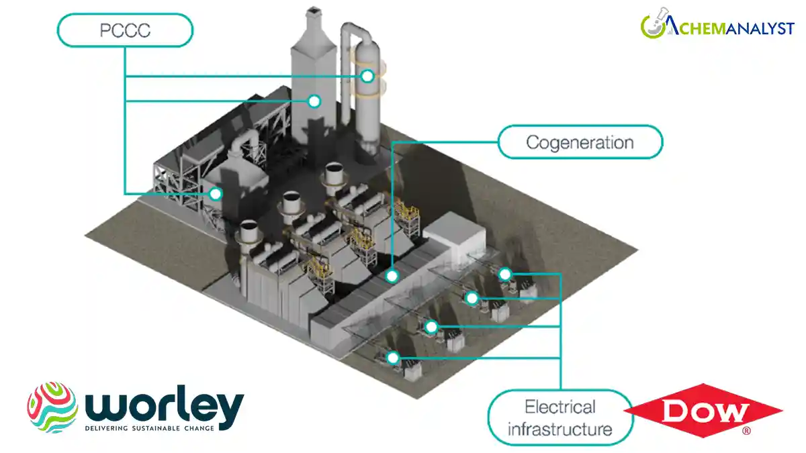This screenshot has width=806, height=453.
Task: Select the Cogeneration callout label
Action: tap(580, 142)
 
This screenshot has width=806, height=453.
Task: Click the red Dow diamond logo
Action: tap(703, 411)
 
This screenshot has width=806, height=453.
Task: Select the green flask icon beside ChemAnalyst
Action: tap(654, 26)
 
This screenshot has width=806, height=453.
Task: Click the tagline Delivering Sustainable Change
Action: tap(149, 427)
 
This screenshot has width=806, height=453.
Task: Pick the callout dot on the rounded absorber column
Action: tap(367, 76)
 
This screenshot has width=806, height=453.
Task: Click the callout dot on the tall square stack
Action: tap(313, 101)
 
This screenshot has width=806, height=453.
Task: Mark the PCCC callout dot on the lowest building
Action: tap(215, 194)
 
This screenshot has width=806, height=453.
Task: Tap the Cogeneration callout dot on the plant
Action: tap(392, 275)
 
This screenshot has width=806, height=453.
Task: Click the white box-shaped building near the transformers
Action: tap(455, 240)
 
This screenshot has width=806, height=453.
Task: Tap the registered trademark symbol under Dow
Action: tap(746, 430)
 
